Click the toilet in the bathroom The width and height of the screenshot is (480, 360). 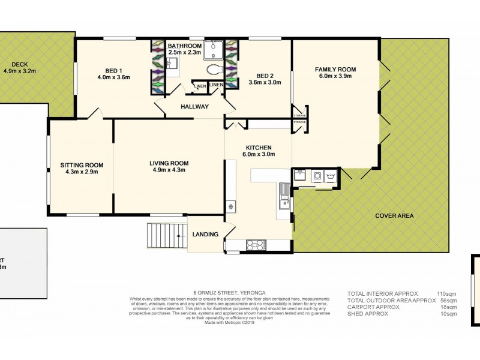[x=213, y=70]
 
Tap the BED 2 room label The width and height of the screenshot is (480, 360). [x=265, y=76]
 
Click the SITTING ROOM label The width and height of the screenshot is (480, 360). [x=82, y=165]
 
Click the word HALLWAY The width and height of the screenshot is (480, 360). [x=194, y=107]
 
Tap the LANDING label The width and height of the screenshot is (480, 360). [x=205, y=234]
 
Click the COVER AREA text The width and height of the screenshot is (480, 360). [x=394, y=216]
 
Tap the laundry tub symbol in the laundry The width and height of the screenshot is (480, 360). [x=329, y=176]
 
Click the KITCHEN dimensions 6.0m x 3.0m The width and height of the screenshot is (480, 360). [x=259, y=154]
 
